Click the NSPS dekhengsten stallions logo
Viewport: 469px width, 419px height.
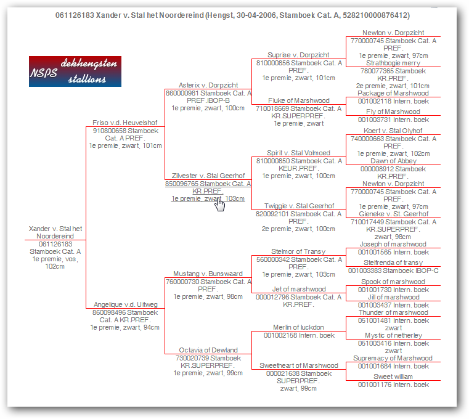coord(75,71)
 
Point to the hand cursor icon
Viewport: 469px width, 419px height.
coord(220,205)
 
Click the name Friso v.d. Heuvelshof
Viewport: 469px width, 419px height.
coord(124,123)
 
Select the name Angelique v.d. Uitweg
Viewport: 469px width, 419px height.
coord(125,304)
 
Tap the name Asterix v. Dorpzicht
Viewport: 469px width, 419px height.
coord(208,85)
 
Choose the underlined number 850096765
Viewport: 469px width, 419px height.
coord(182,184)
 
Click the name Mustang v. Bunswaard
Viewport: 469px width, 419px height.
coord(208,274)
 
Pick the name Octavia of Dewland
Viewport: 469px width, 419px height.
coord(208,350)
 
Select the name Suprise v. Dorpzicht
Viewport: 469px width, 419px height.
coord(298,55)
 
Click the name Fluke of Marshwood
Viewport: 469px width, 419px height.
coord(298,100)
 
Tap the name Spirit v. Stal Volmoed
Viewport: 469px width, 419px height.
coord(298,153)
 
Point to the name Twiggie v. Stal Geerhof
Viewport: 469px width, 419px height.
coord(299,206)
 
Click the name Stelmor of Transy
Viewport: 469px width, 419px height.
coord(298,251)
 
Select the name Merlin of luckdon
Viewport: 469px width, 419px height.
coord(298,327)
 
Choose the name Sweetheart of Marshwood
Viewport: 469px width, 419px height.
coord(298,365)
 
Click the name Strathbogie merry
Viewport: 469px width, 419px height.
coord(393,63)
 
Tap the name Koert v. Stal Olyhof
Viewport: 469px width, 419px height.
coord(393,131)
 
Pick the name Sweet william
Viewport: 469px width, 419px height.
coord(393,376)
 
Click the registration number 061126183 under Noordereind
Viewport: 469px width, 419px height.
coord(55,244)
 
